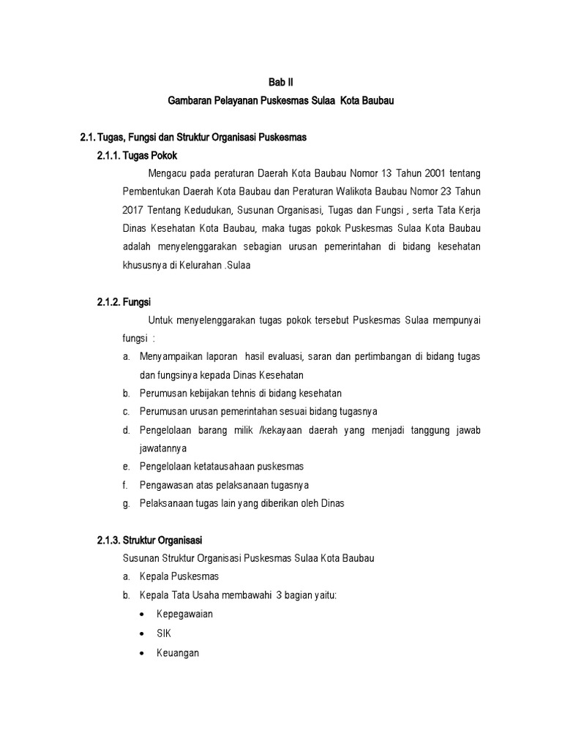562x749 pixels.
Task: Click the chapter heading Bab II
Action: [x=280, y=83]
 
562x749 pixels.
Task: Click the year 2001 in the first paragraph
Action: [x=427, y=174]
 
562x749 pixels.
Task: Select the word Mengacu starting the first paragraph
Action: [x=168, y=174]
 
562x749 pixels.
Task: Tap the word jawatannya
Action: [x=165, y=448]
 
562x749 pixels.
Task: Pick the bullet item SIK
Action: [x=164, y=633]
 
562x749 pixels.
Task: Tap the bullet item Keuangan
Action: [x=178, y=652]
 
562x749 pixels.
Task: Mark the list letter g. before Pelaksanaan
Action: [x=126, y=503]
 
